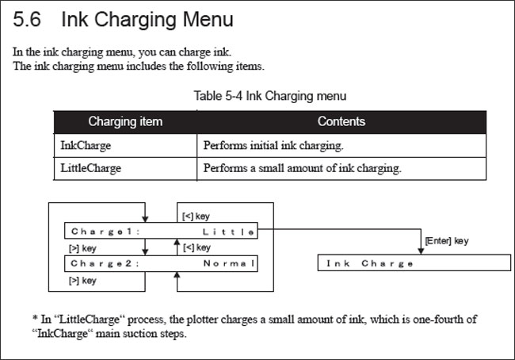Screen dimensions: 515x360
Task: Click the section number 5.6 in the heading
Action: click(x=27, y=19)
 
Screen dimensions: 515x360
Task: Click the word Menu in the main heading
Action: click(x=208, y=19)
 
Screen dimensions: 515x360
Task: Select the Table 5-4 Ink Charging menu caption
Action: click(x=270, y=96)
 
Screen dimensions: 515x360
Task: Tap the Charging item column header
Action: click(x=125, y=121)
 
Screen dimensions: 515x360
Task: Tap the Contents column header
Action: click(x=341, y=121)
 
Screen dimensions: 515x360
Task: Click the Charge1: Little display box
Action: click(x=161, y=231)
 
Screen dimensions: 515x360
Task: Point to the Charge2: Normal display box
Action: click(x=161, y=264)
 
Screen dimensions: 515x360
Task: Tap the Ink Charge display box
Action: click(x=414, y=262)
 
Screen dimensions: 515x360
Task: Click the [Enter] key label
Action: click(x=447, y=241)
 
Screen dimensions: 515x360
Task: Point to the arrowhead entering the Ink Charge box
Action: click(x=421, y=251)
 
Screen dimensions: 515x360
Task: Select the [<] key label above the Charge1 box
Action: click(x=196, y=216)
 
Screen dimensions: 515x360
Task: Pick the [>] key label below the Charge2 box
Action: click(x=82, y=281)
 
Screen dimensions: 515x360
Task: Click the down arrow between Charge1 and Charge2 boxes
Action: click(x=145, y=247)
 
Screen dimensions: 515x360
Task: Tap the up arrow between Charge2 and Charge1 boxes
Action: click(x=177, y=247)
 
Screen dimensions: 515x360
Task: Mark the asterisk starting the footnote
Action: click(x=35, y=318)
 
